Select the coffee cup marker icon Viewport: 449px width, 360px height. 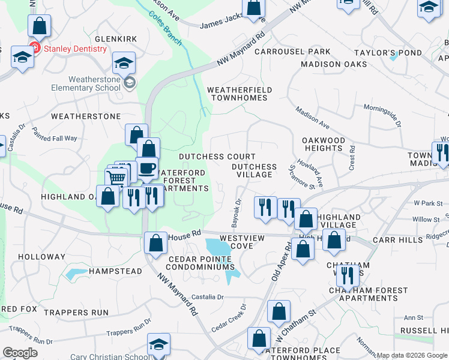[146, 169]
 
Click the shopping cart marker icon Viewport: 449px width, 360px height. [116, 178]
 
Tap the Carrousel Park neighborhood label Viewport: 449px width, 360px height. [292, 52]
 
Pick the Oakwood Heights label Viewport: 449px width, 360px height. [324, 145]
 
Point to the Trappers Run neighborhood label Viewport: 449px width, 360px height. [84, 313]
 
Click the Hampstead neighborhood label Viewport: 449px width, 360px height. [115, 271]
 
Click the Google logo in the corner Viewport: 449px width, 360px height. [20, 352]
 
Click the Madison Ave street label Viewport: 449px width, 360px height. [312, 118]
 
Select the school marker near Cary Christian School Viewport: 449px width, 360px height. [158, 345]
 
